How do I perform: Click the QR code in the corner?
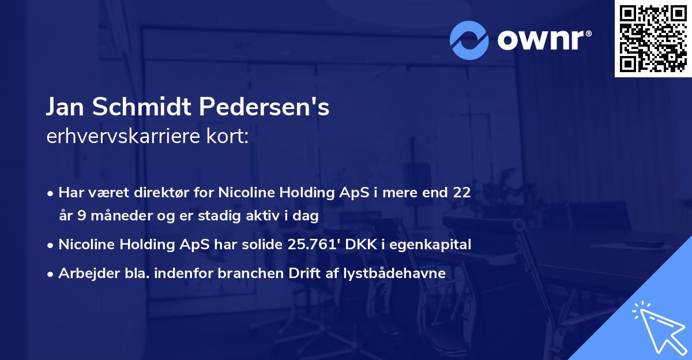[x=653, y=39]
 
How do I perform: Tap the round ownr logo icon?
[x=470, y=40]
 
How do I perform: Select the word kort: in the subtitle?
[x=229, y=137]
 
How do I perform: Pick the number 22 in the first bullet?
[x=462, y=193]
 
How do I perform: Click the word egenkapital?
[x=434, y=245]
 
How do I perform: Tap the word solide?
[x=258, y=245]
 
